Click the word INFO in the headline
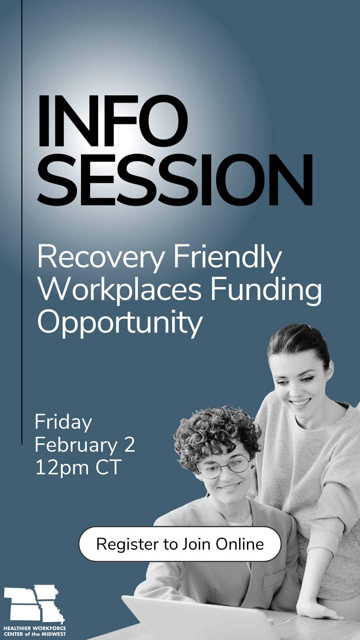click(113, 121)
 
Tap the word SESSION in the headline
click(175, 180)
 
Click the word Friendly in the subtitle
click(228, 258)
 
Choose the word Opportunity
click(120, 323)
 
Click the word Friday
click(63, 423)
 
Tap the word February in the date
click(76, 445)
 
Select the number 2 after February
click(129, 445)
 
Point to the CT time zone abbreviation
click(108, 467)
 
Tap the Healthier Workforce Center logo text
click(35, 631)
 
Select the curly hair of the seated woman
click(217, 432)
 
